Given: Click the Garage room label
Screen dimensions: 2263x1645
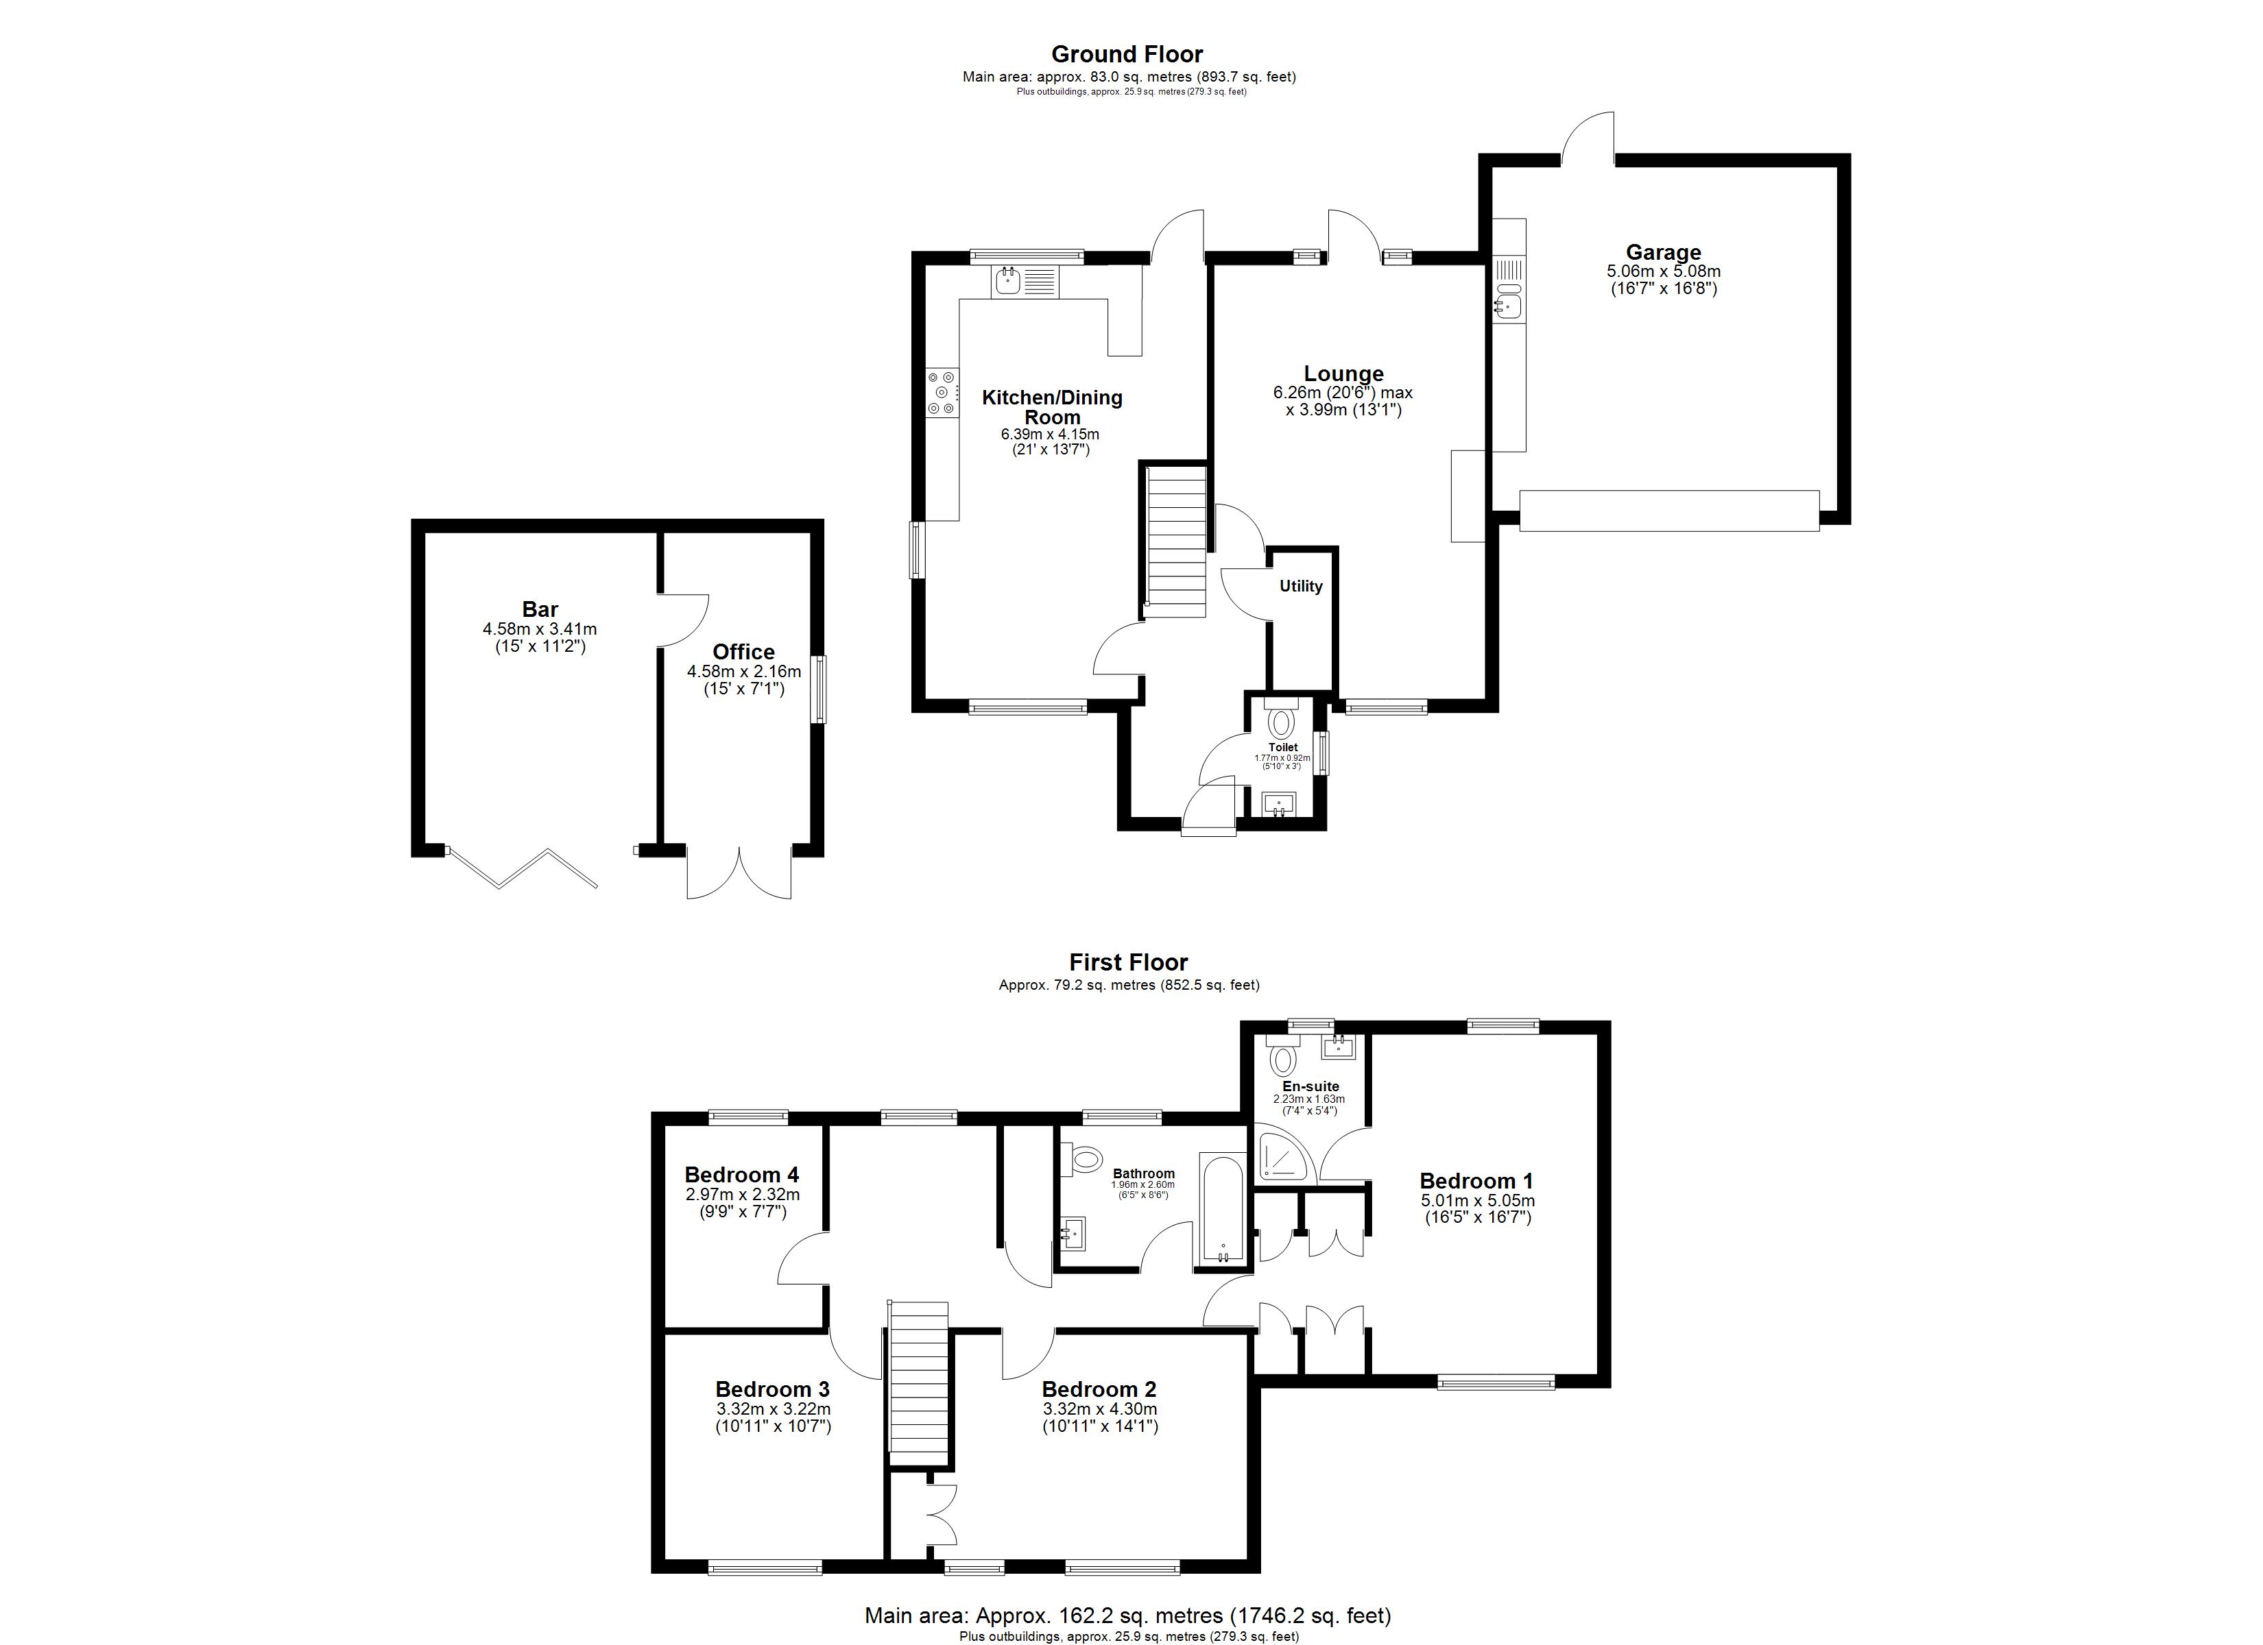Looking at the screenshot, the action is pyautogui.click(x=1664, y=252).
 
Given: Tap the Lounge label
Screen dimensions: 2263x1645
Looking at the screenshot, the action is pyautogui.click(x=1343, y=374).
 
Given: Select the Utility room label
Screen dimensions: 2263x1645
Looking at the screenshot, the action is pyautogui.click(x=1301, y=587).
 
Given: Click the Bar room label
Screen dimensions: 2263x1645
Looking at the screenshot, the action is pyautogui.click(x=540, y=609).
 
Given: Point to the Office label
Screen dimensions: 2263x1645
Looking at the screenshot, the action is pyautogui.click(x=743, y=653).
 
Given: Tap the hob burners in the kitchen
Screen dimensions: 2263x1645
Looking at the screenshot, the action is pyautogui.click(x=243, y=393).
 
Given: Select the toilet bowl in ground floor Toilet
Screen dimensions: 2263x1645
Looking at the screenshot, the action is pyautogui.click(x=1280, y=720).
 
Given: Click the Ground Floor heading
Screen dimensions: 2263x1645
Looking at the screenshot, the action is pyautogui.click(x=1127, y=54).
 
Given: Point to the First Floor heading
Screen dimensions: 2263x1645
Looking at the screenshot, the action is pyautogui.click(x=1129, y=962).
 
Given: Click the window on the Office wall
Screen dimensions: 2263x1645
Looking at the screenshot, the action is pyautogui.click(x=818, y=688).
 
